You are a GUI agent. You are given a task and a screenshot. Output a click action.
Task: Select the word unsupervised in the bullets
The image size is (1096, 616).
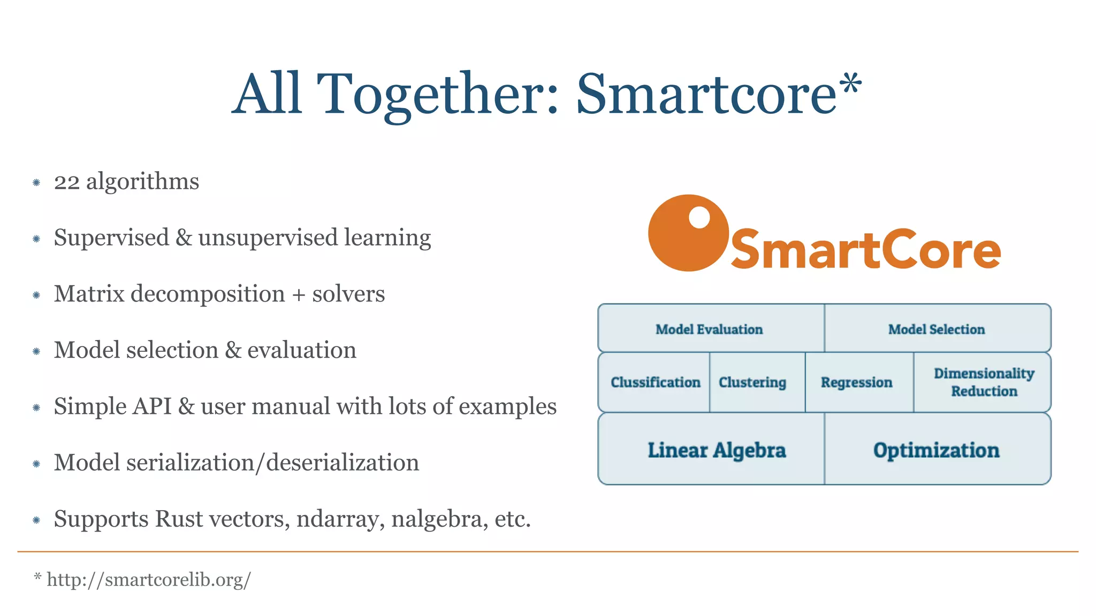coord(268,238)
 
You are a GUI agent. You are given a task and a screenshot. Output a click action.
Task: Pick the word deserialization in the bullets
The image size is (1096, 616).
coord(342,463)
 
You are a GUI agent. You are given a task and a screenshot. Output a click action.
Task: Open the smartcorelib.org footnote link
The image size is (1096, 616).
coord(148,580)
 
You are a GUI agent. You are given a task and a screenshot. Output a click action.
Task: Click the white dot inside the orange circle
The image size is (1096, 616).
coord(699,218)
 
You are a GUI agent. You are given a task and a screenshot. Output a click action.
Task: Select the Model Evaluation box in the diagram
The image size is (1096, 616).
coord(710,329)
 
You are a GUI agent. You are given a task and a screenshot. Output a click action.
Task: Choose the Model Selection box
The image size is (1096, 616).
coord(937,329)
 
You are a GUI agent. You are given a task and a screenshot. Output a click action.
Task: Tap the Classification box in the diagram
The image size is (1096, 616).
coord(655,382)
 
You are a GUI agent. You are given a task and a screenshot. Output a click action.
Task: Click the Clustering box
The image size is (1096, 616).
coord(752,382)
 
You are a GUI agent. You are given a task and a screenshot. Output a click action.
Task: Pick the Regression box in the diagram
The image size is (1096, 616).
coord(857,382)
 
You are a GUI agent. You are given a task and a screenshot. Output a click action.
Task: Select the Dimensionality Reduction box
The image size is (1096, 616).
coord(984,382)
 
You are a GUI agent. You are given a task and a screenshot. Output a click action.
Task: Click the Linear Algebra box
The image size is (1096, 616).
coord(717,450)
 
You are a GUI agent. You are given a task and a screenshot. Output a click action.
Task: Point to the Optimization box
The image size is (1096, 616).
coord(937,450)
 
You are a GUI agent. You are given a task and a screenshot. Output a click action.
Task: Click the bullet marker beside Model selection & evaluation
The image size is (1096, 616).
coord(36,351)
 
